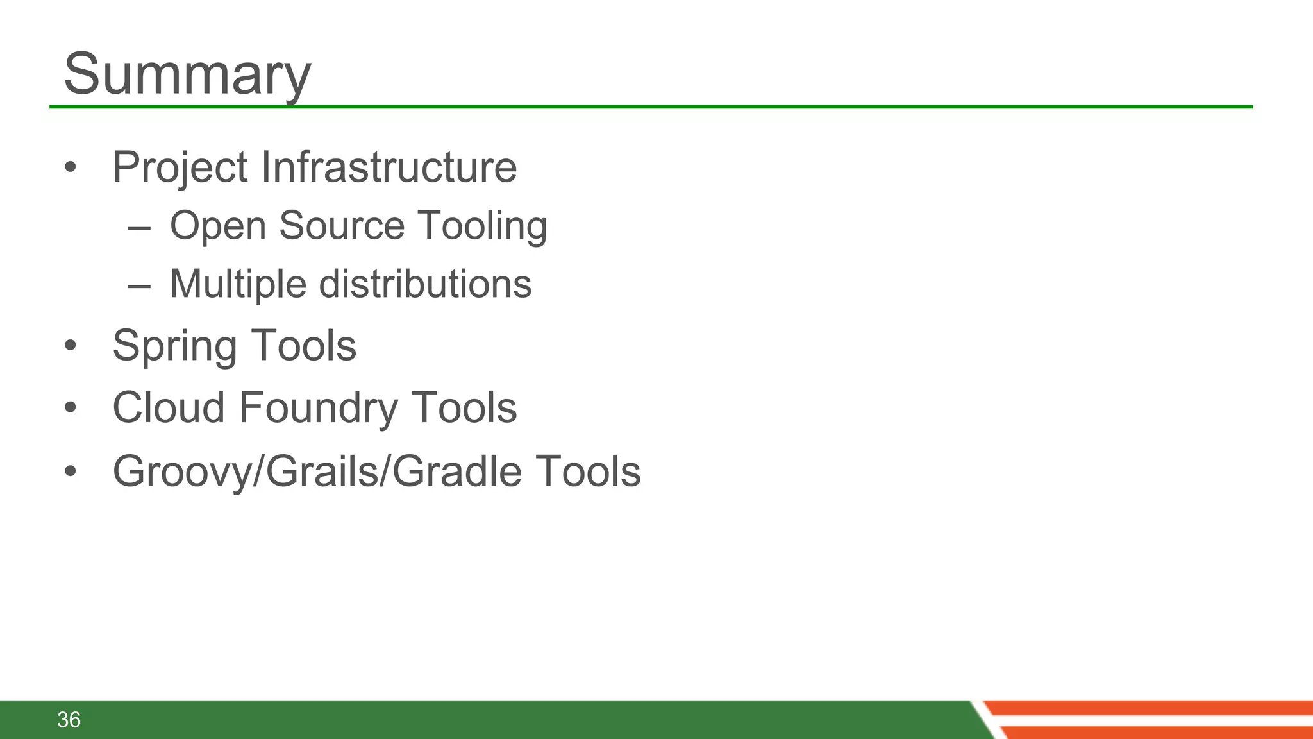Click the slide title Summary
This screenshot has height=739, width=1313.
187,74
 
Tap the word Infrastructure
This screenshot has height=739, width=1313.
389,167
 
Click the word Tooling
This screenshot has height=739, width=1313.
483,226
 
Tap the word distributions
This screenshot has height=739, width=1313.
425,284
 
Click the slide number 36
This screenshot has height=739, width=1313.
69,720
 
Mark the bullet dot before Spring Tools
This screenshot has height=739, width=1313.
71,346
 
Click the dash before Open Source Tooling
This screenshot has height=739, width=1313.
139,228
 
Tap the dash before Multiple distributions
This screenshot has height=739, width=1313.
139,286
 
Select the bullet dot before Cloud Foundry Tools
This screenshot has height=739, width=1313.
71,407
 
